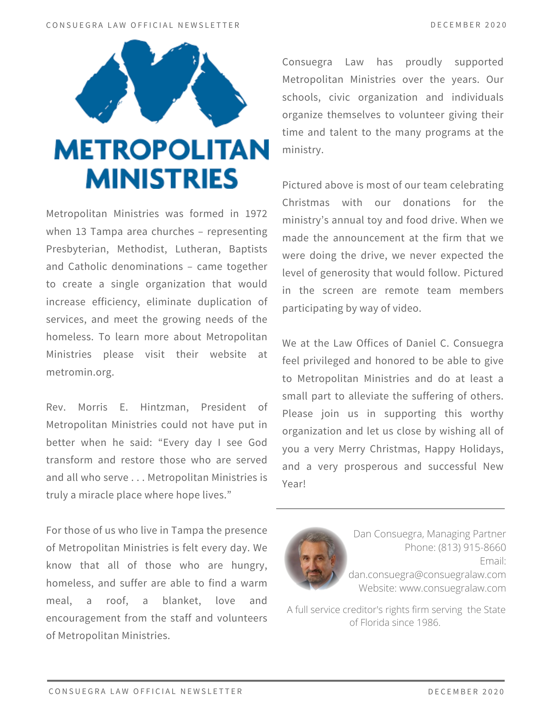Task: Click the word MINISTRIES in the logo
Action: click(162, 178)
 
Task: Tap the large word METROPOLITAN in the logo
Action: click(161, 150)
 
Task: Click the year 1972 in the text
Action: click(256, 213)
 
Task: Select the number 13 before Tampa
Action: click(81, 231)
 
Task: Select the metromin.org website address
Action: click(80, 372)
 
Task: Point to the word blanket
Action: click(181, 600)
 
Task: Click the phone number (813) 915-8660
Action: click(472, 547)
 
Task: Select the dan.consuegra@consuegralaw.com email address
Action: click(427, 574)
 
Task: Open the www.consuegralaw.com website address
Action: click(452, 588)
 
